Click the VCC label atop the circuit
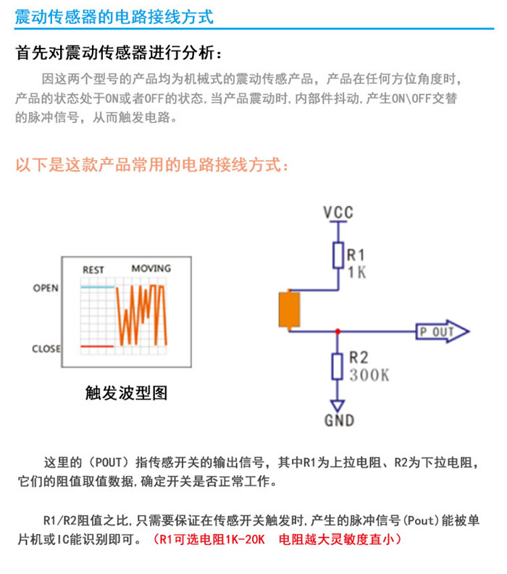pyautogui.click(x=338, y=212)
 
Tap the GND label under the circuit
pyautogui.click(x=339, y=421)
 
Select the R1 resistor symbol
pyautogui.click(x=338, y=256)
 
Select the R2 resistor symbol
pyautogui.click(x=338, y=366)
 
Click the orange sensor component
pyautogui.click(x=290, y=310)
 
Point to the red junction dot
pyautogui.click(x=338, y=332)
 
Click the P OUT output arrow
pyautogui.click(x=442, y=332)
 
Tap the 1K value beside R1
pyautogui.click(x=357, y=272)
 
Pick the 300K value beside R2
pyautogui.click(x=369, y=375)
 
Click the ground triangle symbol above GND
pyautogui.click(x=338, y=405)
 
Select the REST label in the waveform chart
pyautogui.click(x=93, y=270)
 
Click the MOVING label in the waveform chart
pyautogui.click(x=151, y=269)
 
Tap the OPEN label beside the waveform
pyautogui.click(x=46, y=288)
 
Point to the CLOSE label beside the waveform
pyautogui.click(x=46, y=348)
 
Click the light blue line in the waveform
pyautogui.click(x=98, y=287)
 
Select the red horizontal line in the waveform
pyautogui.click(x=97, y=346)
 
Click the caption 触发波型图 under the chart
pyautogui.click(x=126, y=393)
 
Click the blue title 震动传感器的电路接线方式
pyautogui.click(x=114, y=17)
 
